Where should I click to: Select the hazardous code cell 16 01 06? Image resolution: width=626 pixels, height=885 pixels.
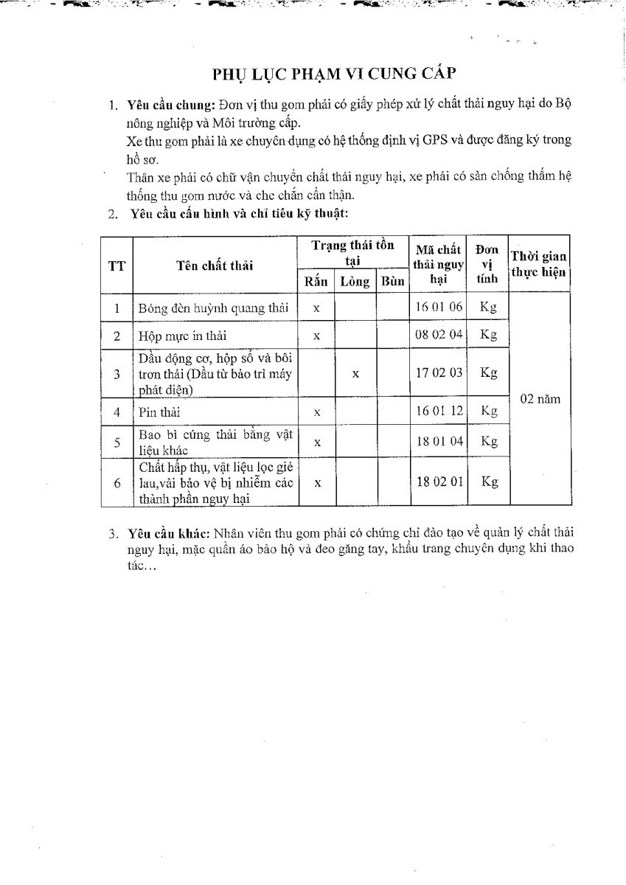pos(438,307)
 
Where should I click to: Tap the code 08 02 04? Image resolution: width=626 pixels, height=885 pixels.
pos(438,334)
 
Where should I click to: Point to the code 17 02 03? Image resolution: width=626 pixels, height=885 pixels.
pos(438,372)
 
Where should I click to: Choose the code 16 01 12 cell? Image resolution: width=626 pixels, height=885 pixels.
pos(438,411)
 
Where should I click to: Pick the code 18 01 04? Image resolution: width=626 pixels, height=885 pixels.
pos(438,441)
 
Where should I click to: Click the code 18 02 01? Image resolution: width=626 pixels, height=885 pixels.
pos(438,482)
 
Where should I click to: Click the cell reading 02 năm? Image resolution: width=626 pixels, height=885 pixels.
pos(540,399)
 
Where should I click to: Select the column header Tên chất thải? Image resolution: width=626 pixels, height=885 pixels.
pos(215,265)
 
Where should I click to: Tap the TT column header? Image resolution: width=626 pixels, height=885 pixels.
pos(116,265)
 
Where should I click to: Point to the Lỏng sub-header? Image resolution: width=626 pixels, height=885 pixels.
pos(355,281)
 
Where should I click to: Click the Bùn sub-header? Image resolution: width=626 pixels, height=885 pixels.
pos(392,281)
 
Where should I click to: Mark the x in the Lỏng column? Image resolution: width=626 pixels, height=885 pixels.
pos(355,374)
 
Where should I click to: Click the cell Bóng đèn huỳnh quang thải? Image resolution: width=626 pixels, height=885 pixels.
pos(214,308)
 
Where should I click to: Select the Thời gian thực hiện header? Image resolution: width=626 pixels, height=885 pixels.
pos(539,264)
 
